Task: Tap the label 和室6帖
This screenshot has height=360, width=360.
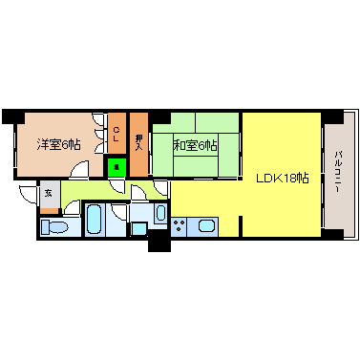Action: pyautogui.click(x=195, y=145)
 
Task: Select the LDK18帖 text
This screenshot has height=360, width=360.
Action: pyautogui.click(x=281, y=178)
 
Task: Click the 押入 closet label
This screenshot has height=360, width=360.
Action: pyautogui.click(x=138, y=139)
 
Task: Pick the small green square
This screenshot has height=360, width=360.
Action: pyautogui.click(x=116, y=167)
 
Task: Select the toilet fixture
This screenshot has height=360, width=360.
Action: pyautogui.click(x=56, y=227)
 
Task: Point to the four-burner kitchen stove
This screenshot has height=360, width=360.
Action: pyautogui.click(x=179, y=225)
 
